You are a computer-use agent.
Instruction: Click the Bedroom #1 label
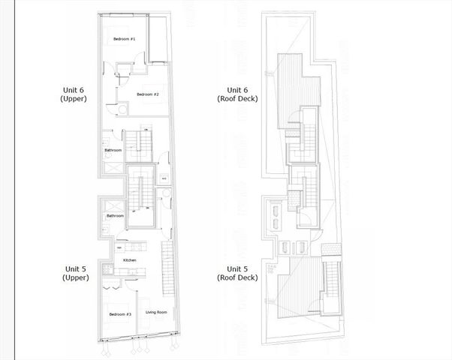point(125,38)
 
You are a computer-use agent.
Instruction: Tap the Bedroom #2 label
point(148,94)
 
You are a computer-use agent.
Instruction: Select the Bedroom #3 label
point(120,313)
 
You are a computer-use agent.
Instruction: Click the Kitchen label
point(130,259)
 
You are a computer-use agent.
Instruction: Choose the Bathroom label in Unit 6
point(113,150)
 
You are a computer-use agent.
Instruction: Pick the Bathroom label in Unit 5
point(115,216)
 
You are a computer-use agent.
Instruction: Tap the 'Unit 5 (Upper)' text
point(76,273)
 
